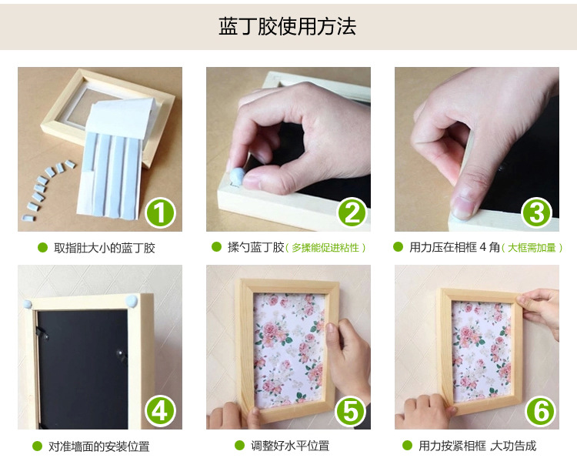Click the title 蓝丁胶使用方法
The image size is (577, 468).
click(288, 26)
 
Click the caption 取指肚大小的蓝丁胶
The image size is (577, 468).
click(105, 248)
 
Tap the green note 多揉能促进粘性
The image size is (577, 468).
click(325, 248)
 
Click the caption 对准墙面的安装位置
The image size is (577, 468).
click(99, 446)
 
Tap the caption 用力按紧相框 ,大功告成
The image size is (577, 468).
click(477, 446)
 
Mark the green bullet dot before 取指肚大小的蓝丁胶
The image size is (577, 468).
click(42, 248)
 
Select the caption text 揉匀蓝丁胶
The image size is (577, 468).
click(255, 248)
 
